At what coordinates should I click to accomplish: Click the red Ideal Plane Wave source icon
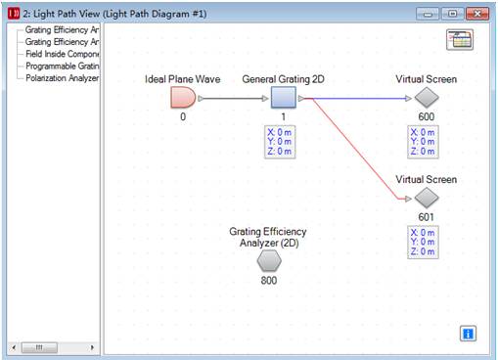(x=183, y=98)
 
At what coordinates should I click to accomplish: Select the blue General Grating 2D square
(x=283, y=98)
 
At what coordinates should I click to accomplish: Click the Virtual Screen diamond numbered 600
(x=426, y=98)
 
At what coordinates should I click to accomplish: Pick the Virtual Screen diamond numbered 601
(x=426, y=199)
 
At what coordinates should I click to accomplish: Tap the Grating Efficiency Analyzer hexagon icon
(x=269, y=261)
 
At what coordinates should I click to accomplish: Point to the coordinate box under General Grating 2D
(x=283, y=140)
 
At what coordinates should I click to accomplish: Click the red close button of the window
(x=476, y=13)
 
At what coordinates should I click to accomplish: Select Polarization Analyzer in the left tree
(x=62, y=78)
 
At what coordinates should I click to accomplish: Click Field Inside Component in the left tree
(x=62, y=55)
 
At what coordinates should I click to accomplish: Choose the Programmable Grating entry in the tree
(x=62, y=67)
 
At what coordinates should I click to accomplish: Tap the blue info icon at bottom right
(x=468, y=335)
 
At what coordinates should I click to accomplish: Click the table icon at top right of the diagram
(x=459, y=39)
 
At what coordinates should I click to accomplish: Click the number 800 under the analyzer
(x=269, y=281)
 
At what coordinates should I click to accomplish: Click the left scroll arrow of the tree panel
(x=14, y=346)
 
